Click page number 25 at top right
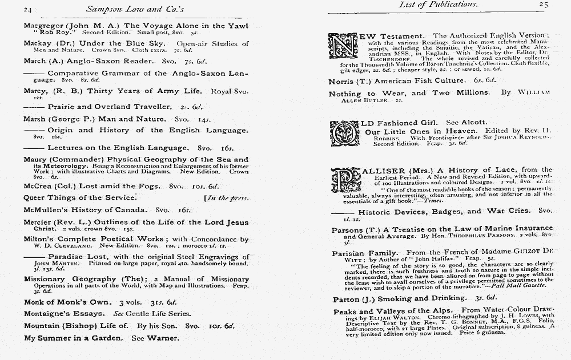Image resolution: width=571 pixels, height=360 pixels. [542, 5]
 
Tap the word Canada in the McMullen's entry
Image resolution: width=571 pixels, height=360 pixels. [131, 210]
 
